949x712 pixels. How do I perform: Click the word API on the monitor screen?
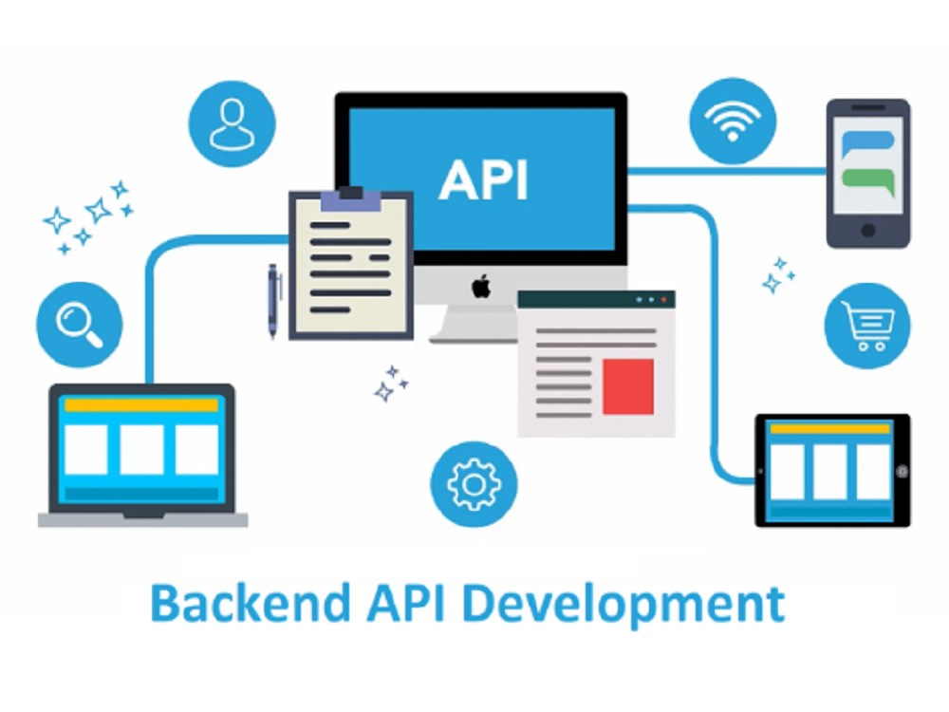[x=483, y=179]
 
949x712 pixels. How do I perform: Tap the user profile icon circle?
[x=233, y=123]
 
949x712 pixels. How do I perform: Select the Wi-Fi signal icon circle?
[x=733, y=121]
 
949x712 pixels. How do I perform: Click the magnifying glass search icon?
[x=80, y=325]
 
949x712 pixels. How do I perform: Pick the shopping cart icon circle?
[x=867, y=326]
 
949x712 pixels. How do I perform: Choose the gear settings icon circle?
[x=474, y=484]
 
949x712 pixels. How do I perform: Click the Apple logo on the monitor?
[x=482, y=286]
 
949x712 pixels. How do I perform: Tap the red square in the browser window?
[x=628, y=387]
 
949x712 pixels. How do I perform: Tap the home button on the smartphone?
[x=868, y=230]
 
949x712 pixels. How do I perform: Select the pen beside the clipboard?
[x=273, y=301]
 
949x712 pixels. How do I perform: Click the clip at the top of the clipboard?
[x=351, y=199]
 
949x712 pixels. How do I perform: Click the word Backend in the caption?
[x=251, y=603]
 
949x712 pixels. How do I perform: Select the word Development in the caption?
[x=624, y=605]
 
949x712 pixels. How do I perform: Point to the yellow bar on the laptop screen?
[x=141, y=405]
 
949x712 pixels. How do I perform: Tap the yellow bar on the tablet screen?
[x=829, y=429]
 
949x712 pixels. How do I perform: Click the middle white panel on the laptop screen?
[x=141, y=449]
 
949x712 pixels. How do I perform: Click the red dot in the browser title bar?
[x=664, y=300]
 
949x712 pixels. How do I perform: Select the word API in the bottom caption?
[x=407, y=603]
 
